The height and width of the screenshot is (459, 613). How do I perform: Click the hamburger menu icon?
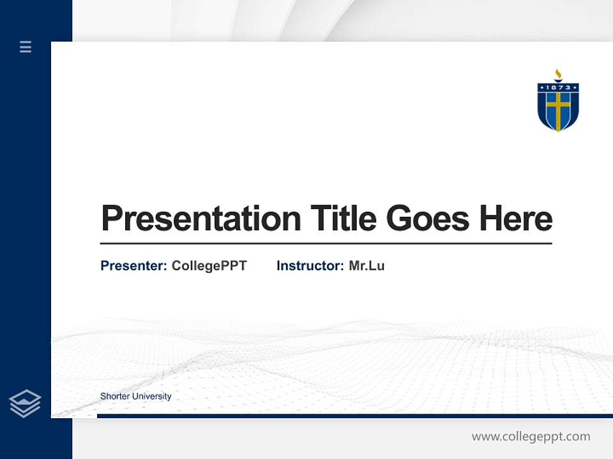coord(26,47)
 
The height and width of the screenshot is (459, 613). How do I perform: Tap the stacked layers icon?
coord(25,404)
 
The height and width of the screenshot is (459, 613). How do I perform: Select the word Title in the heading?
coord(344,219)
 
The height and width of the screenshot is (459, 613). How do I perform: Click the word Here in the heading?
coord(515,219)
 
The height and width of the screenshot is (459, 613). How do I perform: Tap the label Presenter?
coord(133,266)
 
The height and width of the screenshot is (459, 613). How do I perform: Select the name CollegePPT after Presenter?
coord(209,266)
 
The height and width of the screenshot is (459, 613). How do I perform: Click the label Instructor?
coord(310,266)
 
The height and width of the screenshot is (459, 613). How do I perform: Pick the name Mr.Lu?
coord(367,266)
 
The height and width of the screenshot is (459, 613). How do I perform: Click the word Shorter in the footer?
coord(114,397)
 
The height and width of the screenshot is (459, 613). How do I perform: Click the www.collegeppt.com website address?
coord(531,437)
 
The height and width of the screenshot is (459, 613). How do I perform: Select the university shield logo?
coord(557,105)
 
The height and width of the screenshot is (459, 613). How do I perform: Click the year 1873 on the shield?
coord(558,87)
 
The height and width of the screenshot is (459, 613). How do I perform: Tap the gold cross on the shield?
coord(558,110)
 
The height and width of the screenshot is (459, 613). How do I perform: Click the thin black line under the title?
coord(326,244)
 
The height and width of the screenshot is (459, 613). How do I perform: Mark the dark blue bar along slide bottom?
coord(354,416)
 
